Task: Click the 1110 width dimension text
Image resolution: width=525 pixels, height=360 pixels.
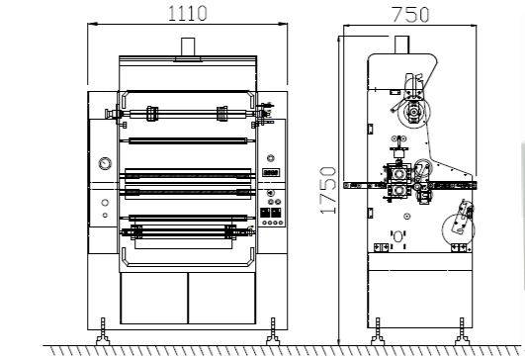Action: (188, 14)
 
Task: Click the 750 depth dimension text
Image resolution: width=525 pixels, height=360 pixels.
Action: (410, 15)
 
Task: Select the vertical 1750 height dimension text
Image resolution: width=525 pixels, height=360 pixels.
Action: (328, 190)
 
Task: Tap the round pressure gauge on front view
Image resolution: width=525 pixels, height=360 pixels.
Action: (105, 164)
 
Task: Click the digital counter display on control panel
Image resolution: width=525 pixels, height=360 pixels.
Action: (271, 172)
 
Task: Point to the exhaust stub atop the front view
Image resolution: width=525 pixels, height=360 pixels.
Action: (188, 46)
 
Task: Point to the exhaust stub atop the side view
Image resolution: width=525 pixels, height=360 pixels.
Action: (401, 45)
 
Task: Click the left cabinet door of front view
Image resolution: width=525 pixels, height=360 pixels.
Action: (154, 298)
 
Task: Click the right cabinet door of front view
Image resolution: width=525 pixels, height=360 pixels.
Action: (222, 298)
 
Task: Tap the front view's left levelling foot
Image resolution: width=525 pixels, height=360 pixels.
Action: (103, 331)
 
